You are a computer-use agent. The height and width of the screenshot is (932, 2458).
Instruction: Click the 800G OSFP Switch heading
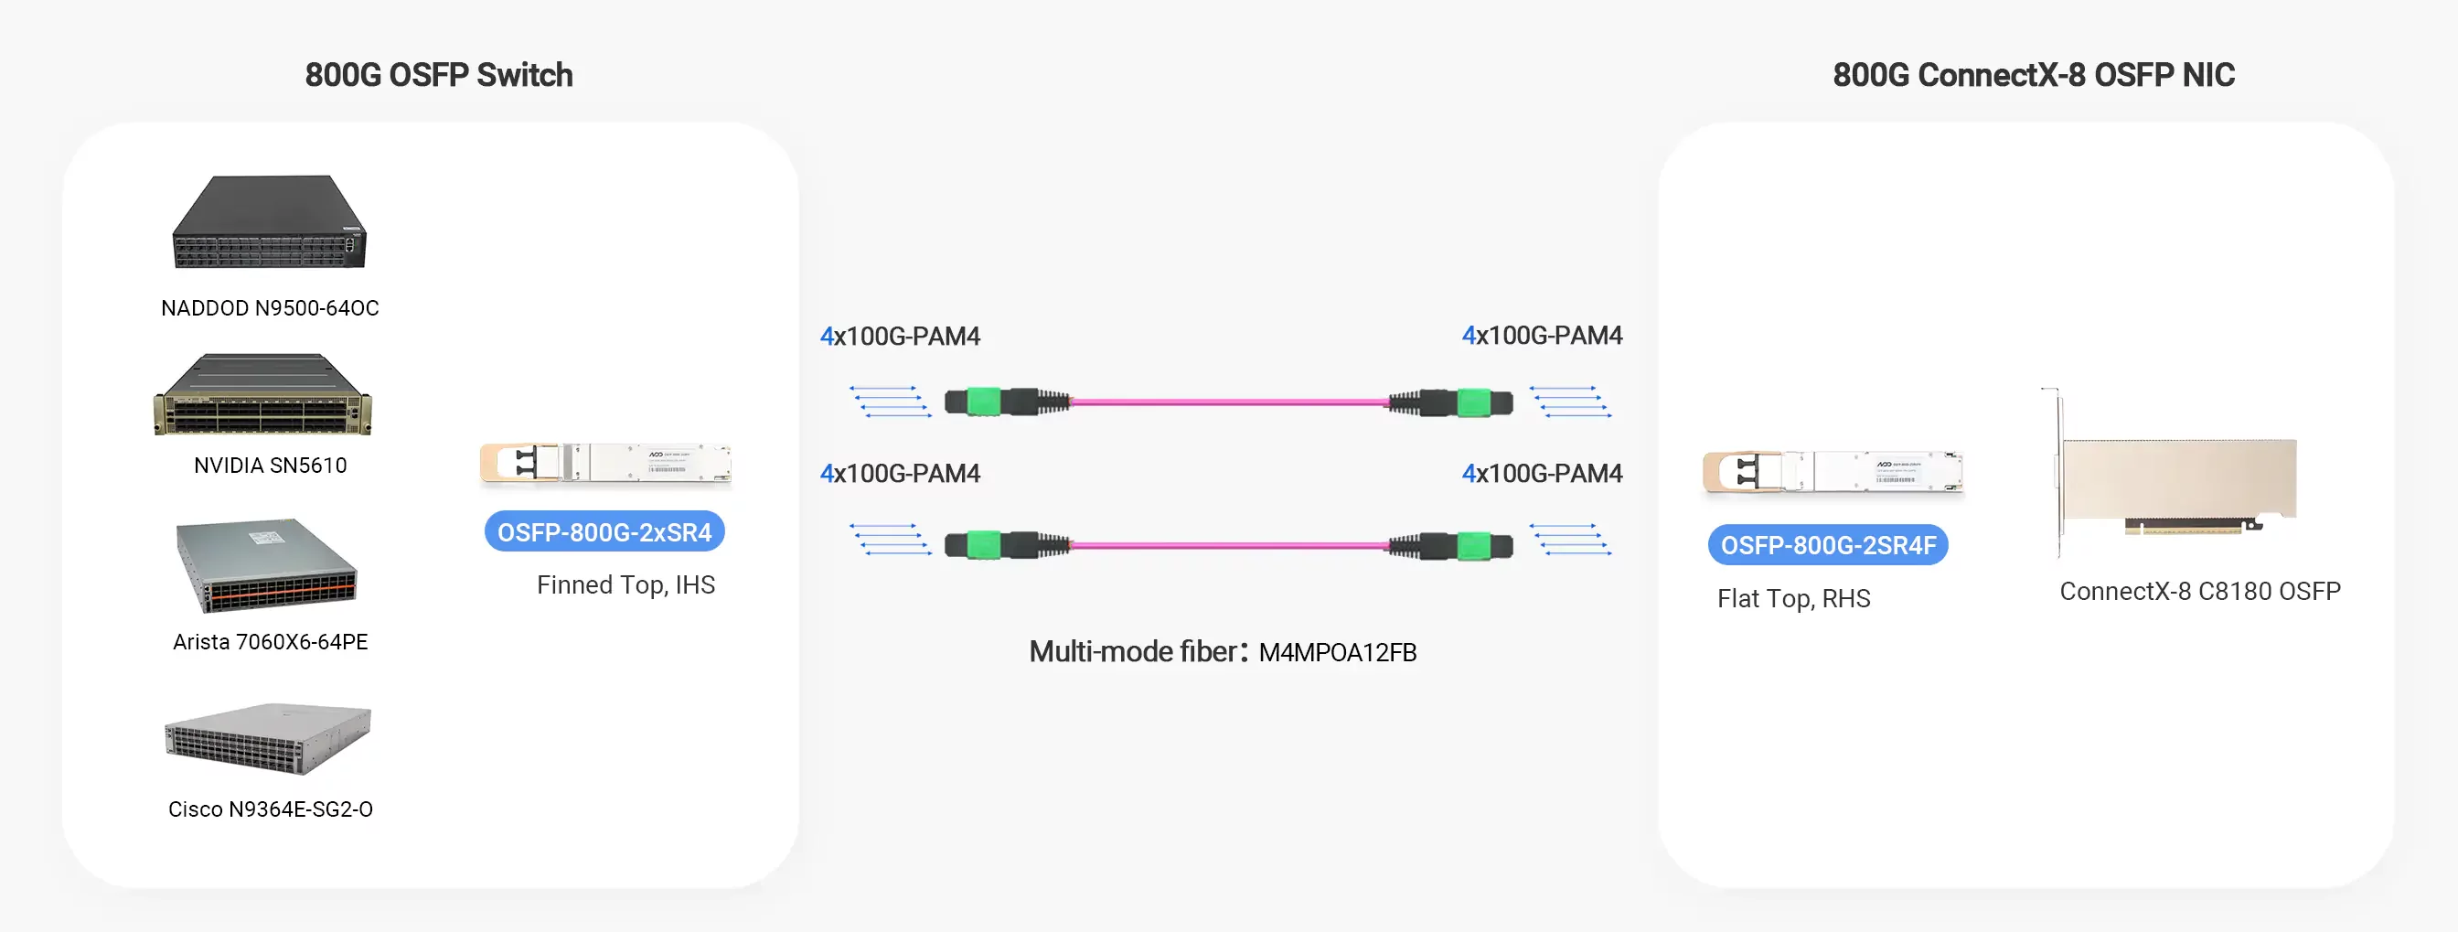pos(438,74)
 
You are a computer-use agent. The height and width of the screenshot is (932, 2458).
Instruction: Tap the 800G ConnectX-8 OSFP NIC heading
pos(2033,74)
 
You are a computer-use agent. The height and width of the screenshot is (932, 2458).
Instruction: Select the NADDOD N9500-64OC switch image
pos(269,222)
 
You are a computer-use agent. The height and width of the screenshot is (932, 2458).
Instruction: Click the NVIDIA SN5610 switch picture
pos(263,395)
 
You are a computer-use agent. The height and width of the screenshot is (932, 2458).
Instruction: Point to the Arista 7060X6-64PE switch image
pos(266,564)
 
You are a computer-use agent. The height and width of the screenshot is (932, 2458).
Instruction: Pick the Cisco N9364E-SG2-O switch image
pos(267,738)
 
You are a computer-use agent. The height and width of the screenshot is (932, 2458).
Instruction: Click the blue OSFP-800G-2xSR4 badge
pos(604,531)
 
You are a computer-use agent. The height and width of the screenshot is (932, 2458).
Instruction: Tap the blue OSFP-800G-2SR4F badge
pos(1827,545)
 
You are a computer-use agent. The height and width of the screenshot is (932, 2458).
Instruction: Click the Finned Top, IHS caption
pos(625,584)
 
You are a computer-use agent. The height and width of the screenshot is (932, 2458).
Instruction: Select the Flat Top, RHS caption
pos(1793,598)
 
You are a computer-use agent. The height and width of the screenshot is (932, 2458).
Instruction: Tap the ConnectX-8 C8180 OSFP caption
pos(2199,592)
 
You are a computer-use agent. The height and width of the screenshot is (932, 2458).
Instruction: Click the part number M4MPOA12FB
pos(1337,652)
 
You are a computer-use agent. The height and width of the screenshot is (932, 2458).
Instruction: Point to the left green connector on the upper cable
pos(982,402)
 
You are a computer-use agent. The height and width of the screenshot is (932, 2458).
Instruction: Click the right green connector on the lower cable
pos(1474,546)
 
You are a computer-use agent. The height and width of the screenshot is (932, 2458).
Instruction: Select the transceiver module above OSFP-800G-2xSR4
pos(605,464)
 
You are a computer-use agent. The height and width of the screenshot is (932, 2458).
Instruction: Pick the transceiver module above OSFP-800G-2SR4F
pos(1832,472)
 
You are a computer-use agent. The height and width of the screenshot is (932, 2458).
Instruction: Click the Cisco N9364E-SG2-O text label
pos(270,809)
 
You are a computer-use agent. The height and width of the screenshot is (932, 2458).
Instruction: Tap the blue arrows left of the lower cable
pos(891,539)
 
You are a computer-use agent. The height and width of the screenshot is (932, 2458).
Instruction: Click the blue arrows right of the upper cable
pos(1571,402)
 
